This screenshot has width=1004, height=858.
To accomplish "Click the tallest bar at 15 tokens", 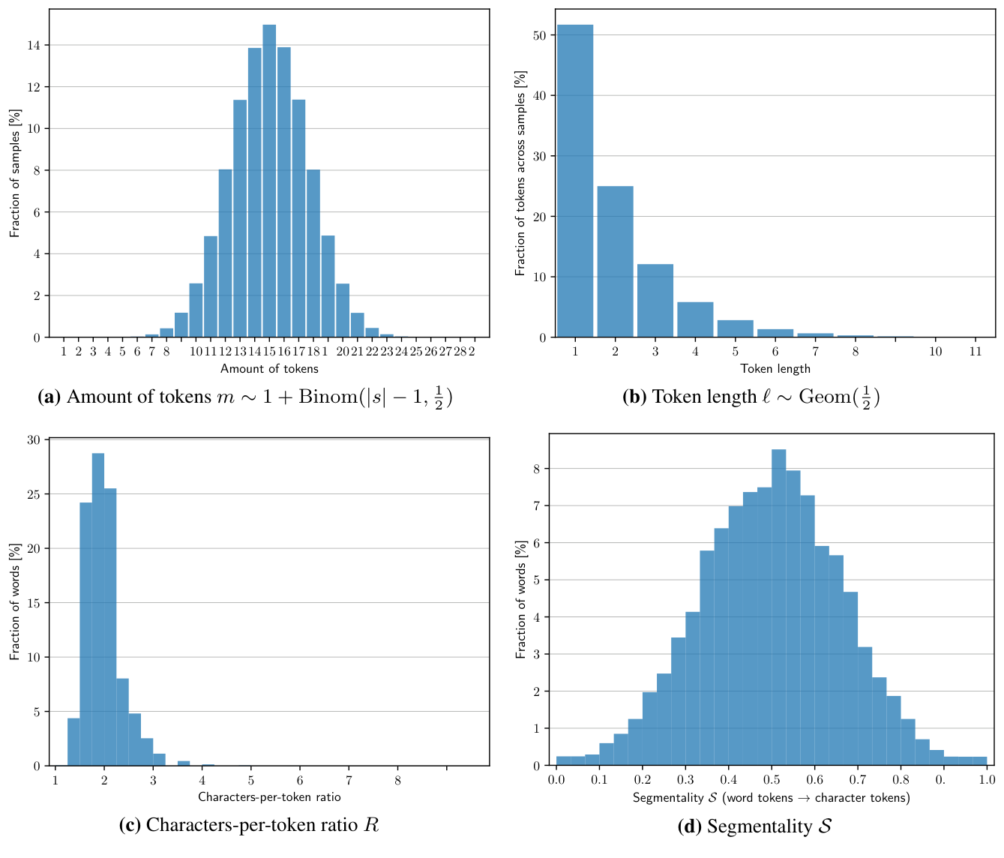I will tap(269, 180).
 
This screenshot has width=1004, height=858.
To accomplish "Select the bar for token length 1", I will tap(575, 180).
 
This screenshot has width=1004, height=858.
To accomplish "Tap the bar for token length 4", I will tap(695, 319).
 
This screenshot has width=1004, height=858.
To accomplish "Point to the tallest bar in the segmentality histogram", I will tap(779, 607).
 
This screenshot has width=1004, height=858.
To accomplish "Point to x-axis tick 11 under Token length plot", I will tap(975, 351).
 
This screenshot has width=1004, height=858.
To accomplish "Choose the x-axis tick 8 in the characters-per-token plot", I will tap(397, 780).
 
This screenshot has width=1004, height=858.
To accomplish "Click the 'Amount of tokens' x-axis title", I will tap(269, 368).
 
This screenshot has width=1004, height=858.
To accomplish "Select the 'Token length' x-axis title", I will tap(775, 368).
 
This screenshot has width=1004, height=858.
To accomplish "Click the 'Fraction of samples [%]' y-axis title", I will tap(15, 173).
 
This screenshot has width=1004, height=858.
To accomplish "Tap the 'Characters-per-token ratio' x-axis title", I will tap(269, 796).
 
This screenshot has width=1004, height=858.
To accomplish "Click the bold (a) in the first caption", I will tap(49, 397).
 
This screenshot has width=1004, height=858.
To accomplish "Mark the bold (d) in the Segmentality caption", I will tap(690, 826).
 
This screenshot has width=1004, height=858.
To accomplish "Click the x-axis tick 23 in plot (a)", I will tap(387, 351).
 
